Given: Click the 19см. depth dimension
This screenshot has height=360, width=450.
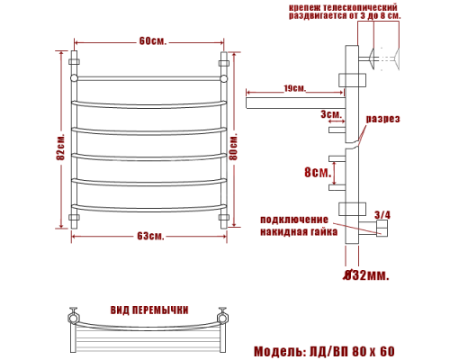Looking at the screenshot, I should (x=293, y=88).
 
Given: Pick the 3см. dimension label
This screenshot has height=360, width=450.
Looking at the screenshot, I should (x=330, y=115).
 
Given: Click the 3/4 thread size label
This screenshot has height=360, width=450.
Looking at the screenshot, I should (x=382, y=215).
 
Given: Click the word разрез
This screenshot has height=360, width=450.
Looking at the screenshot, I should (x=382, y=120).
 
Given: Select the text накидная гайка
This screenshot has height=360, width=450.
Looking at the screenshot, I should (x=298, y=231).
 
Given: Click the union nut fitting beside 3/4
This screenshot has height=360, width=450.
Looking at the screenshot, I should (x=380, y=230).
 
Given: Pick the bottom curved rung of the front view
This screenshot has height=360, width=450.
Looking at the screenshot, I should (x=148, y=209).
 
